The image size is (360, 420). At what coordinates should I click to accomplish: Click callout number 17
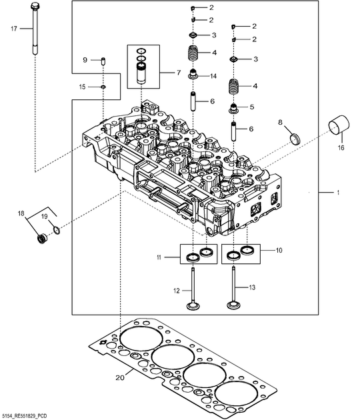pos(14,29)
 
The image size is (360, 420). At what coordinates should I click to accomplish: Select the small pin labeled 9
pos(103,61)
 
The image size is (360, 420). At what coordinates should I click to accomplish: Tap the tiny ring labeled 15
pos(103,87)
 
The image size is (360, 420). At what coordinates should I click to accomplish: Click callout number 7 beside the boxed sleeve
pos(179,72)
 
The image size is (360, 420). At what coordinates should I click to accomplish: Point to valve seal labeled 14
pos(192,74)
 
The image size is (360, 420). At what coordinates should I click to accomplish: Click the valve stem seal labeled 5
pos(233,108)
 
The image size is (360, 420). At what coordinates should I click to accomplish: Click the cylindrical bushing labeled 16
pos(339,127)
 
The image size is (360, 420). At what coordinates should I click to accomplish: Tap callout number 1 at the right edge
pos(338,192)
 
